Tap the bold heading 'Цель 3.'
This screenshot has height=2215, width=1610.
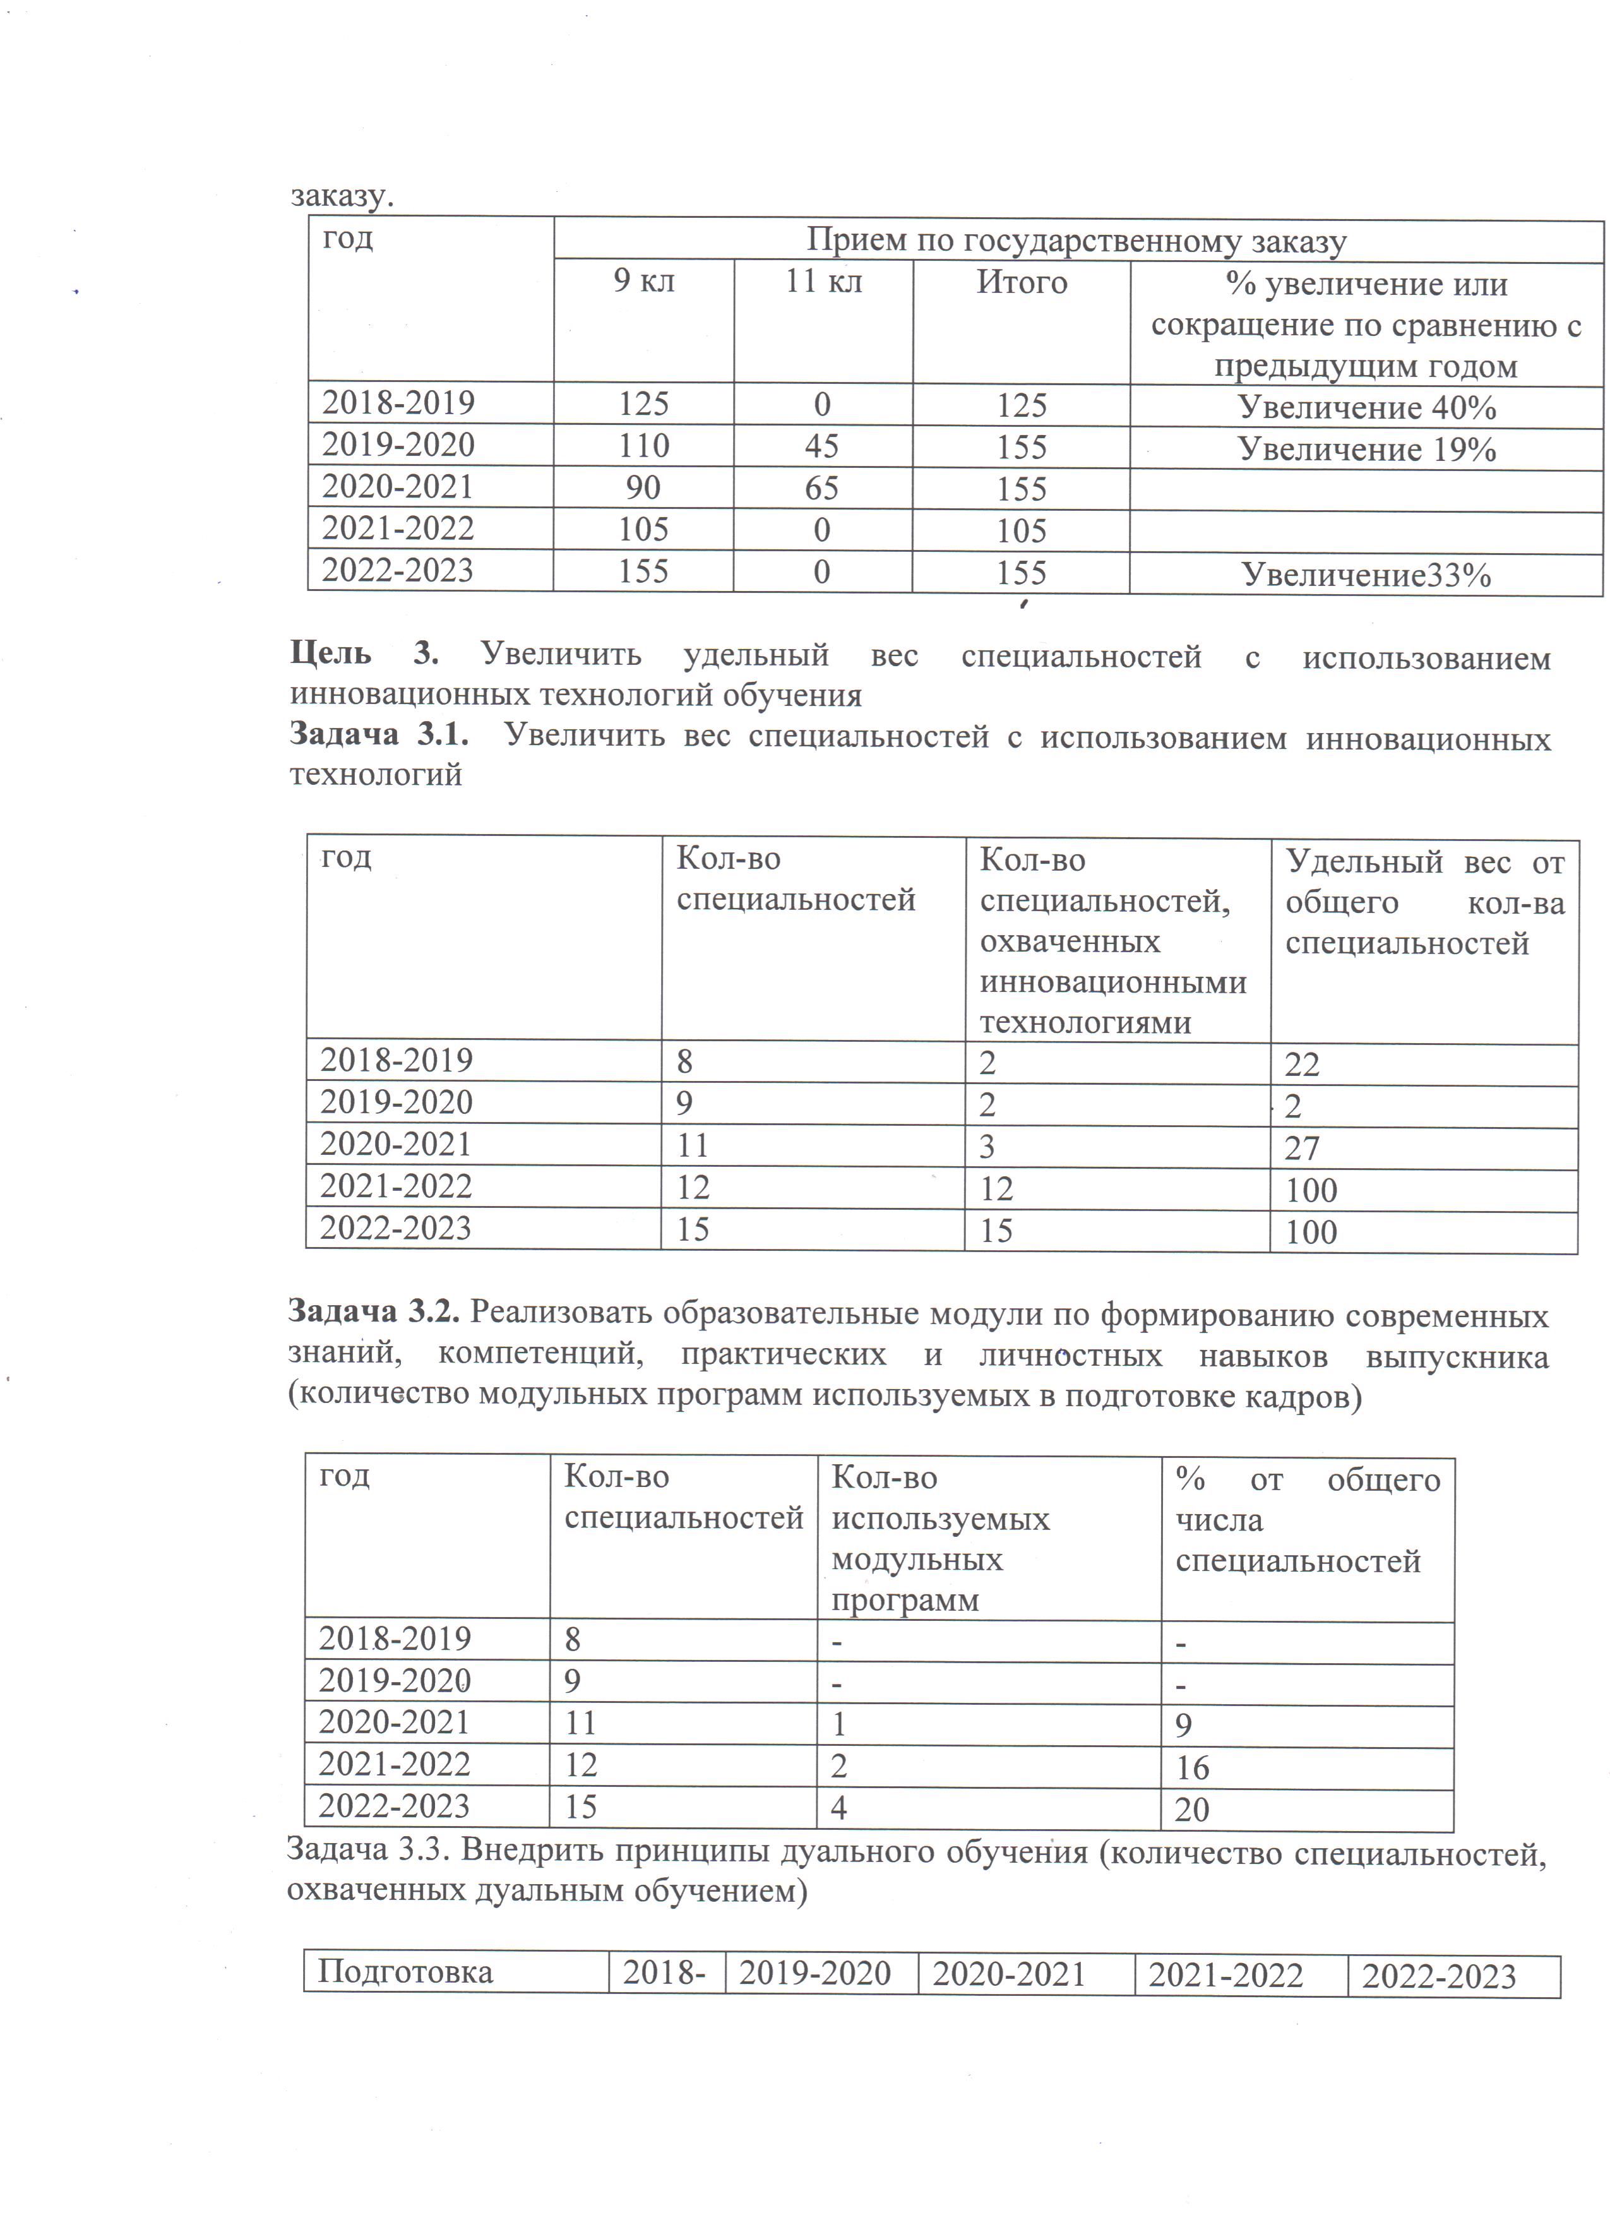point(364,654)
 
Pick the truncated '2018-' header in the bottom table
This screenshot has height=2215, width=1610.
point(664,1973)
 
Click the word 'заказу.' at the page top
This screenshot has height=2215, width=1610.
point(342,195)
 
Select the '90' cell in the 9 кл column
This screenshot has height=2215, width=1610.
point(643,487)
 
